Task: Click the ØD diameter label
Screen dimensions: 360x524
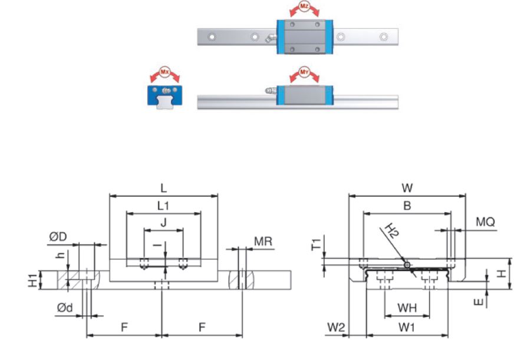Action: coord(58,237)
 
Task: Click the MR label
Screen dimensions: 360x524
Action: coord(262,241)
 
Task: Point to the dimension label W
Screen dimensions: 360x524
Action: coord(406,188)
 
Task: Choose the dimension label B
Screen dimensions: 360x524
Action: coord(406,206)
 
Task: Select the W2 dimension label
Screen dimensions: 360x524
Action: coord(337,326)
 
